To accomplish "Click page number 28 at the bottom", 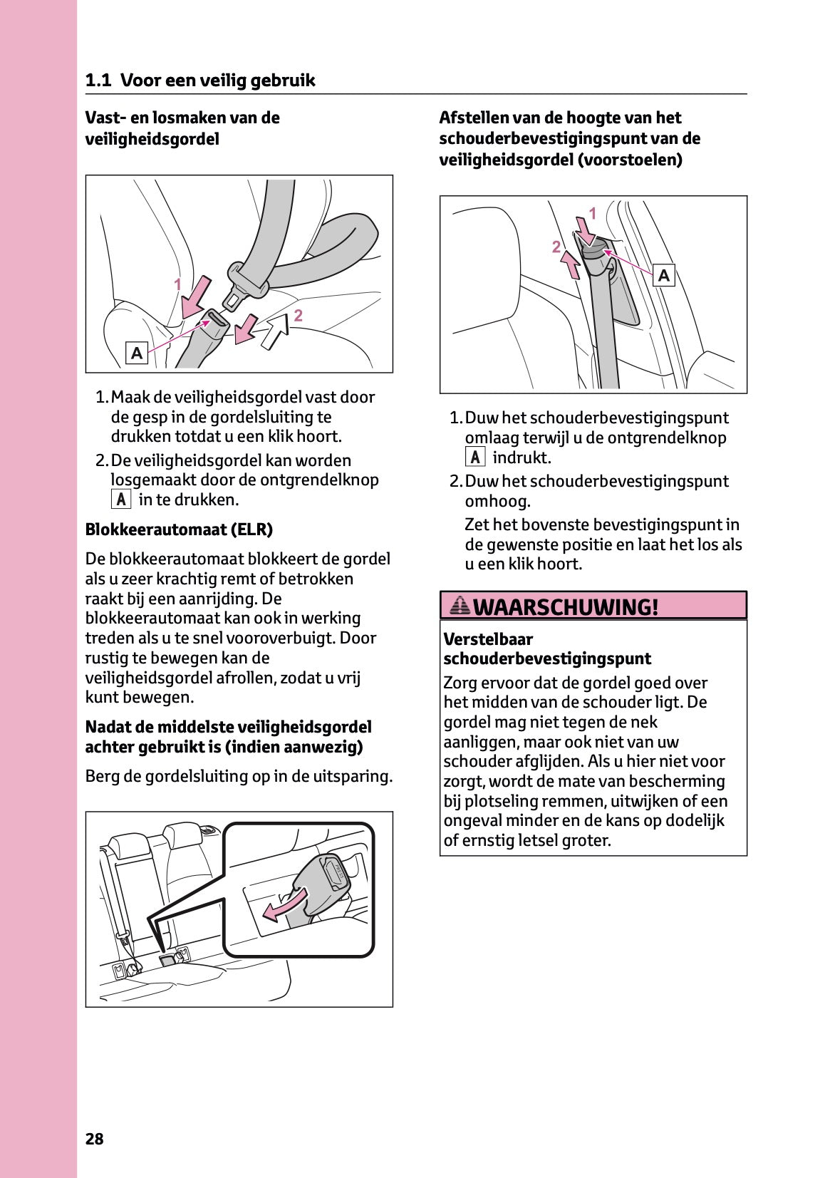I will [94, 1139].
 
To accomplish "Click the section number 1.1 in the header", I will [98, 81].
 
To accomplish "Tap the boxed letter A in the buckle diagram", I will [137, 353].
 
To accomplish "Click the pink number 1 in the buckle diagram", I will [178, 284].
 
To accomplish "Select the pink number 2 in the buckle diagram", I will [299, 315].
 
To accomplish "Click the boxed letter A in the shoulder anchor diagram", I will [664, 275].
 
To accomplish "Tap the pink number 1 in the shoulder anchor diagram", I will [592, 213].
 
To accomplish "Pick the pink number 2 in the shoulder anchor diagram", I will [556, 247].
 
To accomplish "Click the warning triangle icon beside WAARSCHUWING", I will [460, 606].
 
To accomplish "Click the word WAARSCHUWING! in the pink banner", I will [566, 607].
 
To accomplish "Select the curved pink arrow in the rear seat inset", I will [284, 904].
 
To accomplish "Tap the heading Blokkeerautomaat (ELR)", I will [179, 529].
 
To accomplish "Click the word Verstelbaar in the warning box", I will [488, 639].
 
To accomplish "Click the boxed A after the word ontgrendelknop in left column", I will [121, 500].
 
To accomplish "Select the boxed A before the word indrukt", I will [475, 458].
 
